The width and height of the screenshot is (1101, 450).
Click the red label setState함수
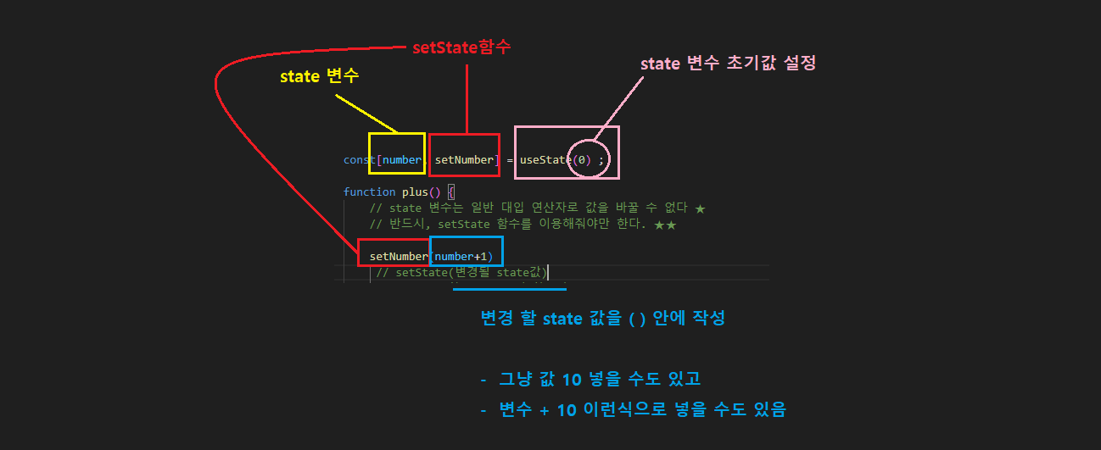pyautogui.click(x=461, y=47)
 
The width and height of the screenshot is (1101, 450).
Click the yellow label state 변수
pyautogui.click(x=319, y=76)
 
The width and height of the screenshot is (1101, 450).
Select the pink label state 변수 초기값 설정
pyautogui.click(x=728, y=64)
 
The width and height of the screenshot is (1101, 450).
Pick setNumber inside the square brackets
pyautogui.click(x=463, y=160)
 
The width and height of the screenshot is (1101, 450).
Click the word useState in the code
pyautogui.click(x=544, y=160)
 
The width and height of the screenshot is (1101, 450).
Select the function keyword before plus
pyautogui.click(x=369, y=192)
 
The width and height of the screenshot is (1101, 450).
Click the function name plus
pyautogui.click(x=415, y=192)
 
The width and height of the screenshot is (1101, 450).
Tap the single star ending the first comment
pyautogui.click(x=700, y=208)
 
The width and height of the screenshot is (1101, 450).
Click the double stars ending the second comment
pyautogui.click(x=665, y=225)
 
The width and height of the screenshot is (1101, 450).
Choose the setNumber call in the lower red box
pyautogui.click(x=399, y=256)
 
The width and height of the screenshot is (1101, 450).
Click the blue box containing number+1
pyautogui.click(x=466, y=251)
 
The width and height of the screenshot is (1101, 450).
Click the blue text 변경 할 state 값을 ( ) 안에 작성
pyautogui.click(x=602, y=319)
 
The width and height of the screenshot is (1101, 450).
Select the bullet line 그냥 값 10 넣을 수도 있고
pyautogui.click(x=599, y=378)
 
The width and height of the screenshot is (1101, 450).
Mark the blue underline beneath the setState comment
pyautogui.click(x=509, y=290)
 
